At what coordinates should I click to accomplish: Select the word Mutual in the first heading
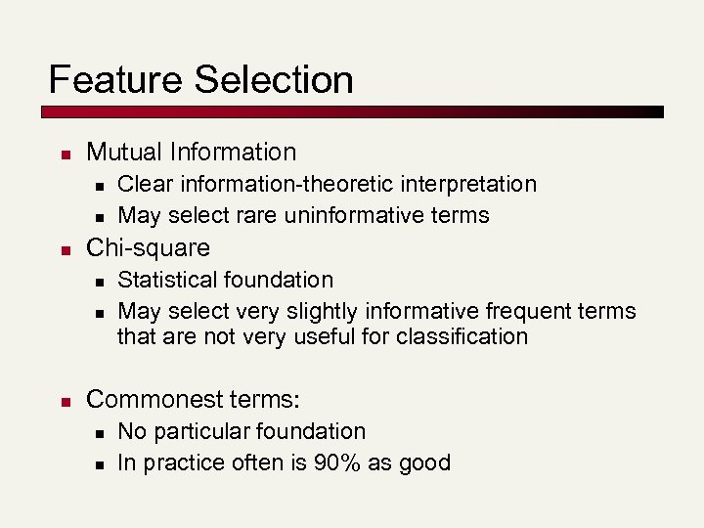[x=124, y=152]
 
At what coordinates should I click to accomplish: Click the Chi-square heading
[x=148, y=247]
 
